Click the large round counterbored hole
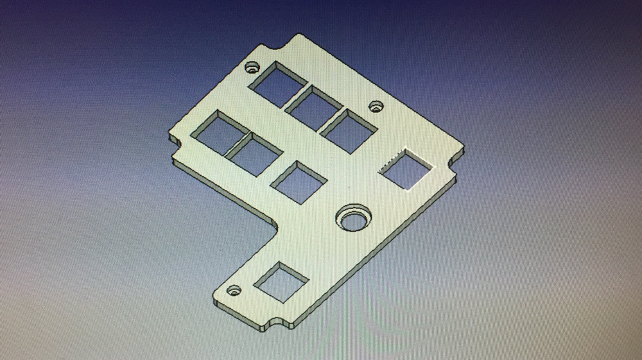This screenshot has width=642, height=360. coord(353,218)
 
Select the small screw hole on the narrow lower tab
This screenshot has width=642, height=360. coord(234,290)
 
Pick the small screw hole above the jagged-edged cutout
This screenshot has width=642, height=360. coord(375,106)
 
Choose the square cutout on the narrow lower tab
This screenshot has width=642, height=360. coord(282,281)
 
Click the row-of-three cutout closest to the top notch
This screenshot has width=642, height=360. coord(277,83)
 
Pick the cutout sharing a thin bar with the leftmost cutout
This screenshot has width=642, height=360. coord(255,155)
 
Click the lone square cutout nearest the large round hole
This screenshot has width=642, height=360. coord(299,182)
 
